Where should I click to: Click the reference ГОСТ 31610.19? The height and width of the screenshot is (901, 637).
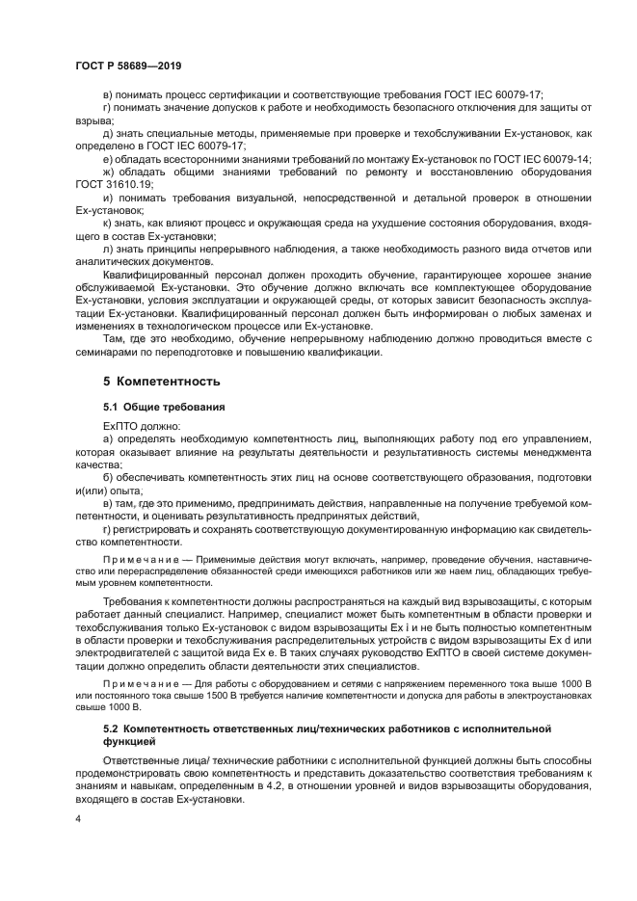pos(115,184)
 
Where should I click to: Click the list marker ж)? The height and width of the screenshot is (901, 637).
pos(107,172)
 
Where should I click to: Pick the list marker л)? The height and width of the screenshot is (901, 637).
pos(106,249)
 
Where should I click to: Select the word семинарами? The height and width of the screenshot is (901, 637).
pos(107,353)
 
